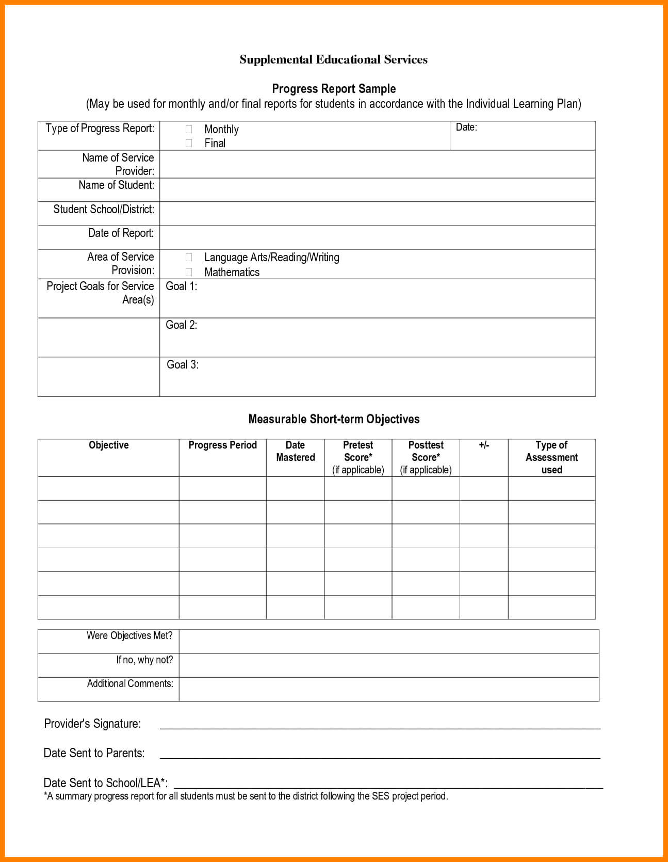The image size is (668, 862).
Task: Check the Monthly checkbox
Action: [189, 129]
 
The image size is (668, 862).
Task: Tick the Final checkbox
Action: [189, 143]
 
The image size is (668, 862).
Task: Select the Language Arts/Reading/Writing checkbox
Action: [189, 257]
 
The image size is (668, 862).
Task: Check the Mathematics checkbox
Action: [189, 272]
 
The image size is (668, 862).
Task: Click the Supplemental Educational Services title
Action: [333, 60]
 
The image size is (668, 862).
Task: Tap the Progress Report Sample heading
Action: [334, 89]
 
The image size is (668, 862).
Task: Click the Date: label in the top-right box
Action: [466, 127]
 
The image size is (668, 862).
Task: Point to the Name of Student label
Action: [116, 185]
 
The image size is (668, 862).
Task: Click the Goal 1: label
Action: [181, 286]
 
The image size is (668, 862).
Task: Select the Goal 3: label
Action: [183, 365]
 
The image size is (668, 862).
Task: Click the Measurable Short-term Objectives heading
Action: [334, 419]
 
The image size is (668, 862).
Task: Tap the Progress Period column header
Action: [222, 445]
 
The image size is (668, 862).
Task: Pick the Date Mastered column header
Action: [295, 451]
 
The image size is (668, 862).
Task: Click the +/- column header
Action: [484, 445]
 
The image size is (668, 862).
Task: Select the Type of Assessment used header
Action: [551, 457]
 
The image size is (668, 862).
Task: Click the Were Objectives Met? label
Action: [129, 636]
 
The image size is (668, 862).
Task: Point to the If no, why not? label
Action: [144, 660]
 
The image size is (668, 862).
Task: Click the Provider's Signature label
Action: [92, 724]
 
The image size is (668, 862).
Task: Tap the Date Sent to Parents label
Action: [94, 753]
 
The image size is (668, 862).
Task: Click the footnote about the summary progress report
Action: [246, 796]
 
